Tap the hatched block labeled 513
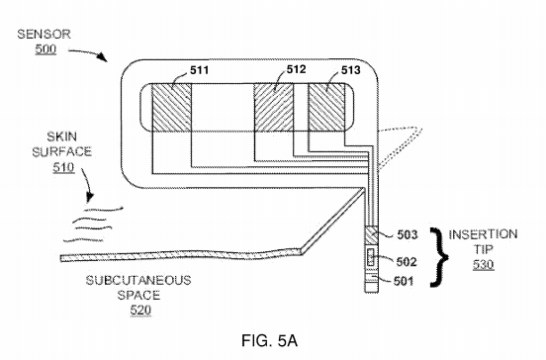coord(326,110)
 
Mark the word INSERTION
coord(483,234)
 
